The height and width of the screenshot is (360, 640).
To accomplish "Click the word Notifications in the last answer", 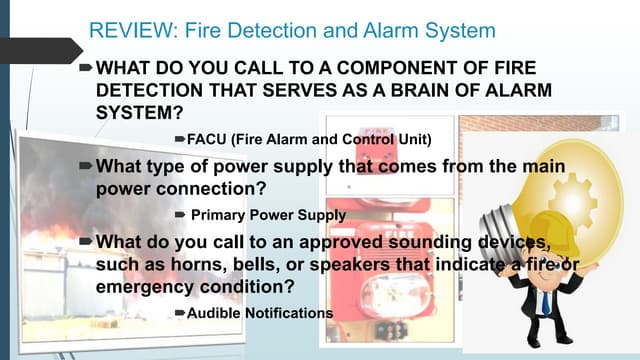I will point(287,313).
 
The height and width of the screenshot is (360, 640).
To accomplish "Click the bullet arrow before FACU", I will point(180,137).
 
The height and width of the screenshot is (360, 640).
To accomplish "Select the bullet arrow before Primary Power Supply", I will point(180,213).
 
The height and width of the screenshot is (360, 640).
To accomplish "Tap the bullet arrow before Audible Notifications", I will point(180,313).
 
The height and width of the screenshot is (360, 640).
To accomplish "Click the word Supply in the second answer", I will point(323,213).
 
